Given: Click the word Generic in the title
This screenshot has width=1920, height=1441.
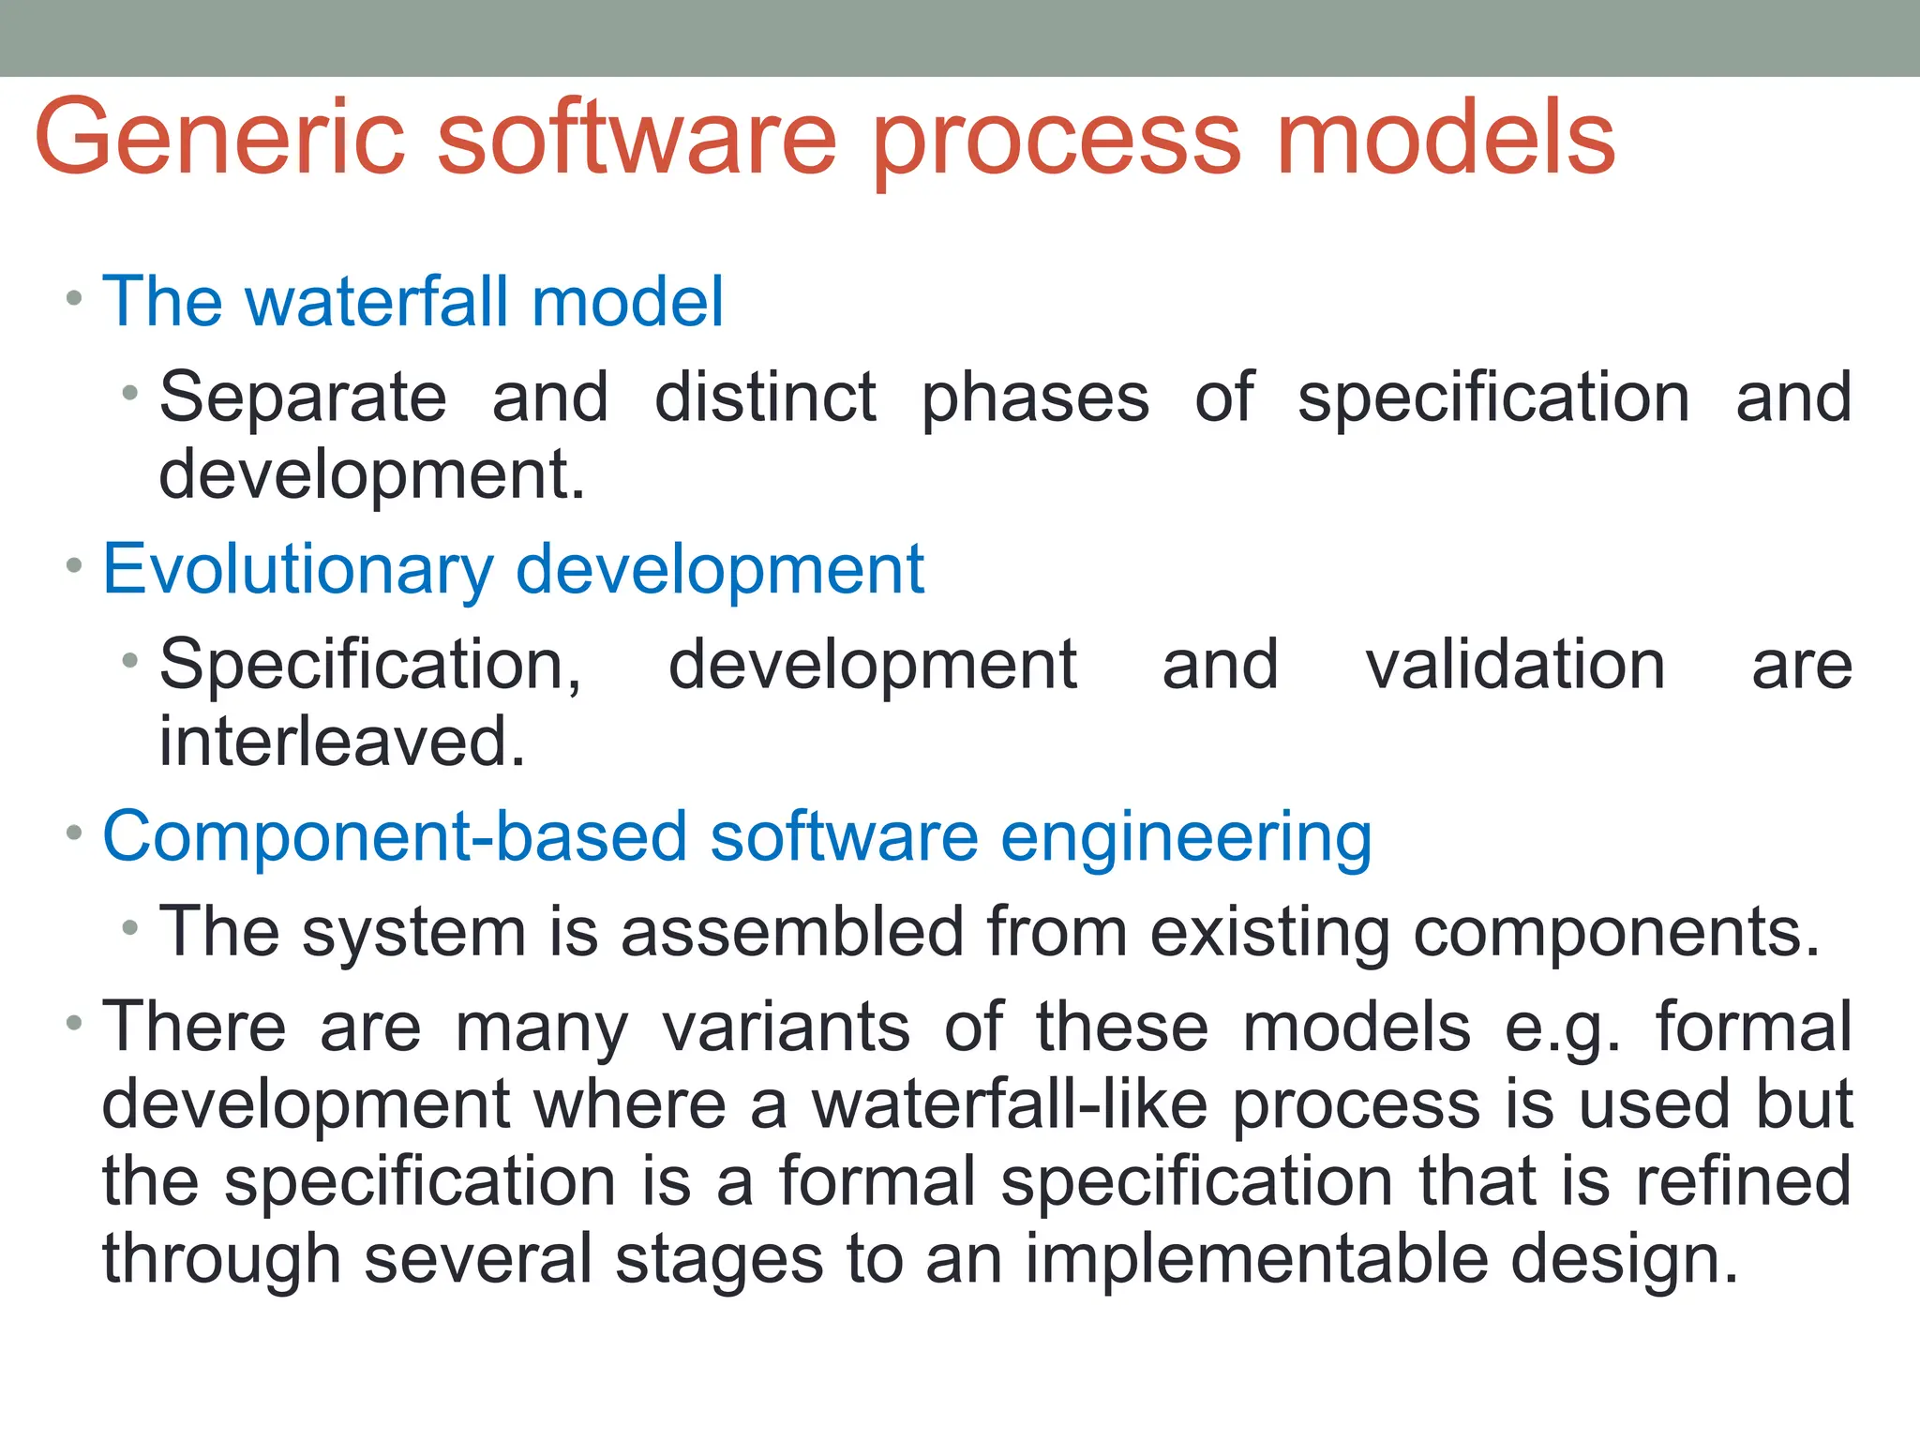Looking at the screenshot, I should (220, 139).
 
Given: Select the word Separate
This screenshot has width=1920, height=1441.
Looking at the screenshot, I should (303, 398).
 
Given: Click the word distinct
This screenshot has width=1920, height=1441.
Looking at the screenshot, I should (765, 398).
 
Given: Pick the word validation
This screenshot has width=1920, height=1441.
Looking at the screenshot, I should (1515, 665).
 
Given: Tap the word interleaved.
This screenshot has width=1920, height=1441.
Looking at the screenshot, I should (342, 742).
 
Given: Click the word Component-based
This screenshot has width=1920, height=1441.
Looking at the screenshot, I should (394, 836).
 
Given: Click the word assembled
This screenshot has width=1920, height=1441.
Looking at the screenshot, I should (792, 932).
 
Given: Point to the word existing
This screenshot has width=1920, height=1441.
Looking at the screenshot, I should (1269, 934).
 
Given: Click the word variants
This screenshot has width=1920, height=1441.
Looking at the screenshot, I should (786, 1028).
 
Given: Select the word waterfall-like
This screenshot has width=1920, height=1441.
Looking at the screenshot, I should (1010, 1104).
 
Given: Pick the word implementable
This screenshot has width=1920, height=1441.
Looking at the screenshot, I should (1256, 1258).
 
